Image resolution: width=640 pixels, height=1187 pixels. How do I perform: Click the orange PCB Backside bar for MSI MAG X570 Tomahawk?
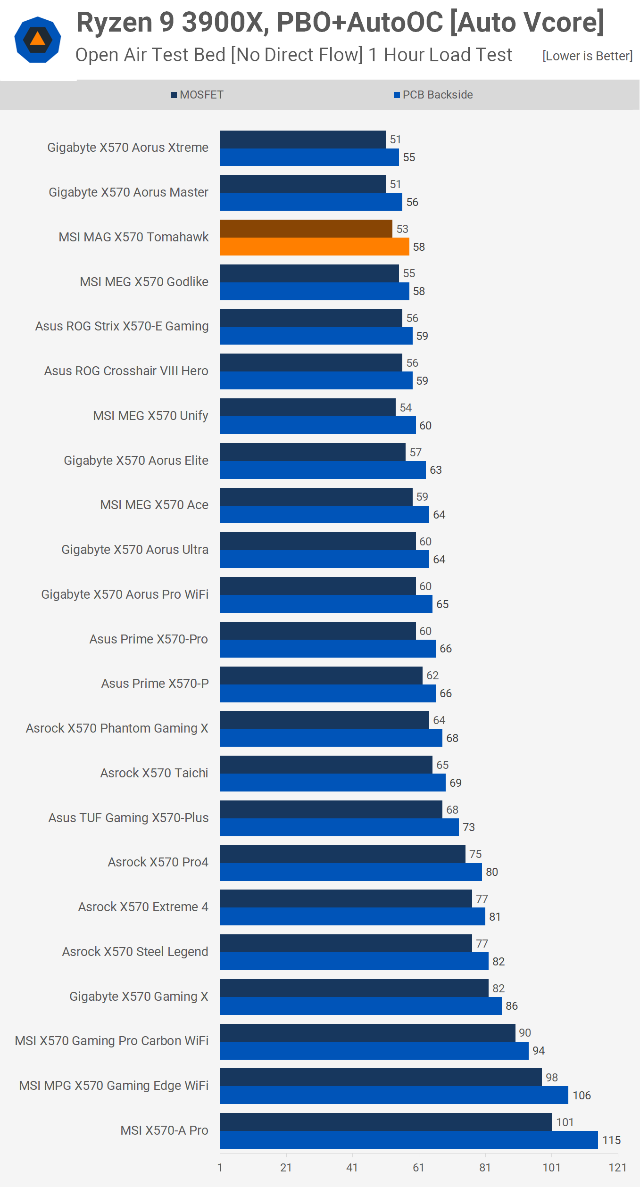[x=315, y=247]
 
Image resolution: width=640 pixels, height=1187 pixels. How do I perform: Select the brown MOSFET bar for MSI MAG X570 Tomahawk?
[x=306, y=229]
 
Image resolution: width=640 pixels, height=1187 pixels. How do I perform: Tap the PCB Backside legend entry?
[x=433, y=95]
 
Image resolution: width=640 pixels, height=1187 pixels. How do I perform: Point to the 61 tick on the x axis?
[x=418, y=1167]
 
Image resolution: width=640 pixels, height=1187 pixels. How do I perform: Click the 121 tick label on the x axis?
[x=617, y=1167]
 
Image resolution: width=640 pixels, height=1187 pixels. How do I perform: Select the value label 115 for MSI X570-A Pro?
[x=611, y=1140]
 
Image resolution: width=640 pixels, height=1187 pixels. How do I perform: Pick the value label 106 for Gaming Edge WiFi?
[x=582, y=1095]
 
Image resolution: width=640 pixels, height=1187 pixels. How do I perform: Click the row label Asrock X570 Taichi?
[x=154, y=773]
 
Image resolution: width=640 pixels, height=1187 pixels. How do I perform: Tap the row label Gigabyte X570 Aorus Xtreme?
[x=128, y=148]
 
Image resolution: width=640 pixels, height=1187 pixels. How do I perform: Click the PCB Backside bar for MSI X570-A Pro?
[x=409, y=1140]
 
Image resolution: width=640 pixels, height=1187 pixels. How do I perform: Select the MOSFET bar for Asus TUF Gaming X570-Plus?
[x=331, y=809]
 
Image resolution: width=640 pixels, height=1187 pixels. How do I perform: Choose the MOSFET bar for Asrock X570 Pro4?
[x=343, y=854]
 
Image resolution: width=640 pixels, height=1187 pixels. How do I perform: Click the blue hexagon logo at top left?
[x=38, y=40]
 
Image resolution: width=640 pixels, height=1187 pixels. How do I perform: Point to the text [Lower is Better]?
[x=587, y=56]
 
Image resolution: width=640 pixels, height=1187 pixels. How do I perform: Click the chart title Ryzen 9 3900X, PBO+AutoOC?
[x=340, y=22]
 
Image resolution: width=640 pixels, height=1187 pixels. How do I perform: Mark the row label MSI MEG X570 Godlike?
[x=144, y=282]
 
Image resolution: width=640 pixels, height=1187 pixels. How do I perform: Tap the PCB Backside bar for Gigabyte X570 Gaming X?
[x=361, y=1006]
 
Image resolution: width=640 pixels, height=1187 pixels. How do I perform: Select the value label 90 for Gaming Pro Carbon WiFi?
[x=525, y=1032]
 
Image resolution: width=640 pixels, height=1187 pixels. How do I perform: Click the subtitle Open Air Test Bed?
[x=293, y=55]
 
